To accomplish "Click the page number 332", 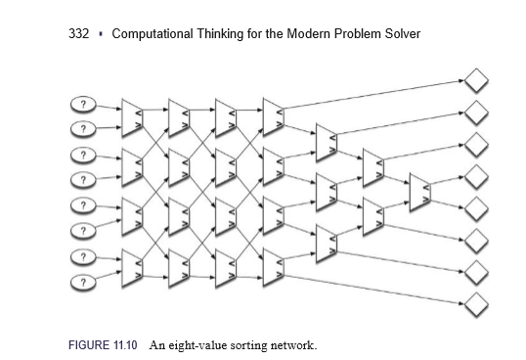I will pyautogui.click(x=80, y=34).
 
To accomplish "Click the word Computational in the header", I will pyautogui.click(x=156, y=34).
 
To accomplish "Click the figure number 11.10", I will pyautogui.click(x=131, y=346).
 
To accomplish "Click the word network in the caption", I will pyautogui.click(x=296, y=346).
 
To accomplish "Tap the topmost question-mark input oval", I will pyautogui.click(x=84, y=104).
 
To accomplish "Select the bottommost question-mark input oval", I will pyautogui.click(x=84, y=282).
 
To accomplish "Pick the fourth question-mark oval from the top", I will pyautogui.click(x=84, y=180).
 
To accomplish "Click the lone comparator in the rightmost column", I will pyautogui.click(x=419, y=191).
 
